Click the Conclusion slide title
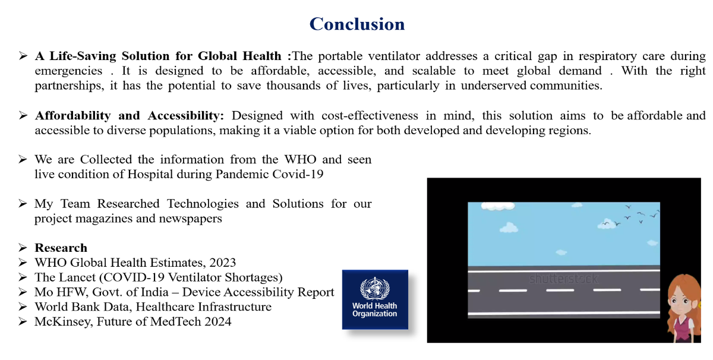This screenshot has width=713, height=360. coord(356,24)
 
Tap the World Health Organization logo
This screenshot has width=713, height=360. coord(374,299)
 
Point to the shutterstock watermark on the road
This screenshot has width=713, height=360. coord(563,278)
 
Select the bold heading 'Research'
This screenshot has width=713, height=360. coord(61,248)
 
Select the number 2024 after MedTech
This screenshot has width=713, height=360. coord(217,321)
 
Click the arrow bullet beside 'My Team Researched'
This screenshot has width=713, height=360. coord(23,204)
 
